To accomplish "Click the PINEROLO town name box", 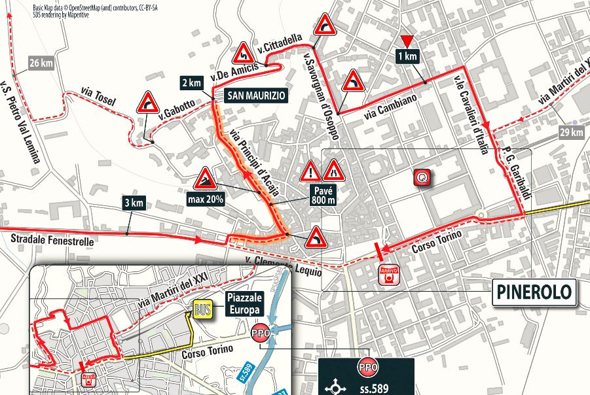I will click(534, 292).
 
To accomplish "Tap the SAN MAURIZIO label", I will click(256, 95).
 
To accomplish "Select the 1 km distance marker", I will click(407, 56).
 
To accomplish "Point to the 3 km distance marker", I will click(133, 202).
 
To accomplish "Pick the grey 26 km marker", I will click(41, 63).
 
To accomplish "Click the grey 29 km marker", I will click(571, 133).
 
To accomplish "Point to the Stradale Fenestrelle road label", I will click(52, 241).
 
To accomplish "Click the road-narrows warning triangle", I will click(334, 171).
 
